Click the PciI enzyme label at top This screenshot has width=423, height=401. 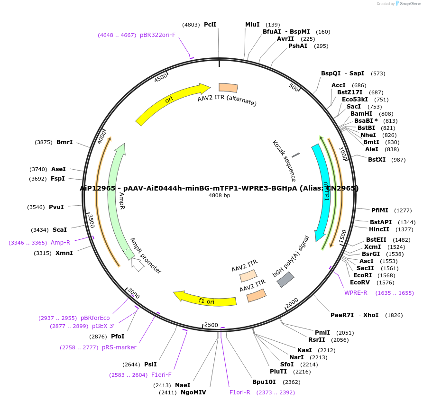click(x=210, y=25)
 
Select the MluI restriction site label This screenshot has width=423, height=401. click(x=252, y=25)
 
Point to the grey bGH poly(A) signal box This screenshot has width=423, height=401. click(x=285, y=280)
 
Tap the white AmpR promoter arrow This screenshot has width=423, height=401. click(x=138, y=264)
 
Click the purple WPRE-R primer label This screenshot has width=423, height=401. click(x=356, y=293)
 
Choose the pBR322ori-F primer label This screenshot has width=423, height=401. click(x=157, y=35)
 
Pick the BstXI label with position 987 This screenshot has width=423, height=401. click(x=377, y=160)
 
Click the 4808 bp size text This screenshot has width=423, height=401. click(x=219, y=195)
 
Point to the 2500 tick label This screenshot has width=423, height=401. click(x=211, y=325)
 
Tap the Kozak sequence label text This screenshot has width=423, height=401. click(x=284, y=161)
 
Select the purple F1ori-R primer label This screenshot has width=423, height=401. click(x=239, y=392)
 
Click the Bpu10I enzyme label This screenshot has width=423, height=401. click(x=264, y=382)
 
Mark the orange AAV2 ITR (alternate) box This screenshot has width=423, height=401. click(x=228, y=88)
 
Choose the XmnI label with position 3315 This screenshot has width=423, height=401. click(x=64, y=253)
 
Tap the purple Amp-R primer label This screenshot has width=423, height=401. click(x=60, y=243)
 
